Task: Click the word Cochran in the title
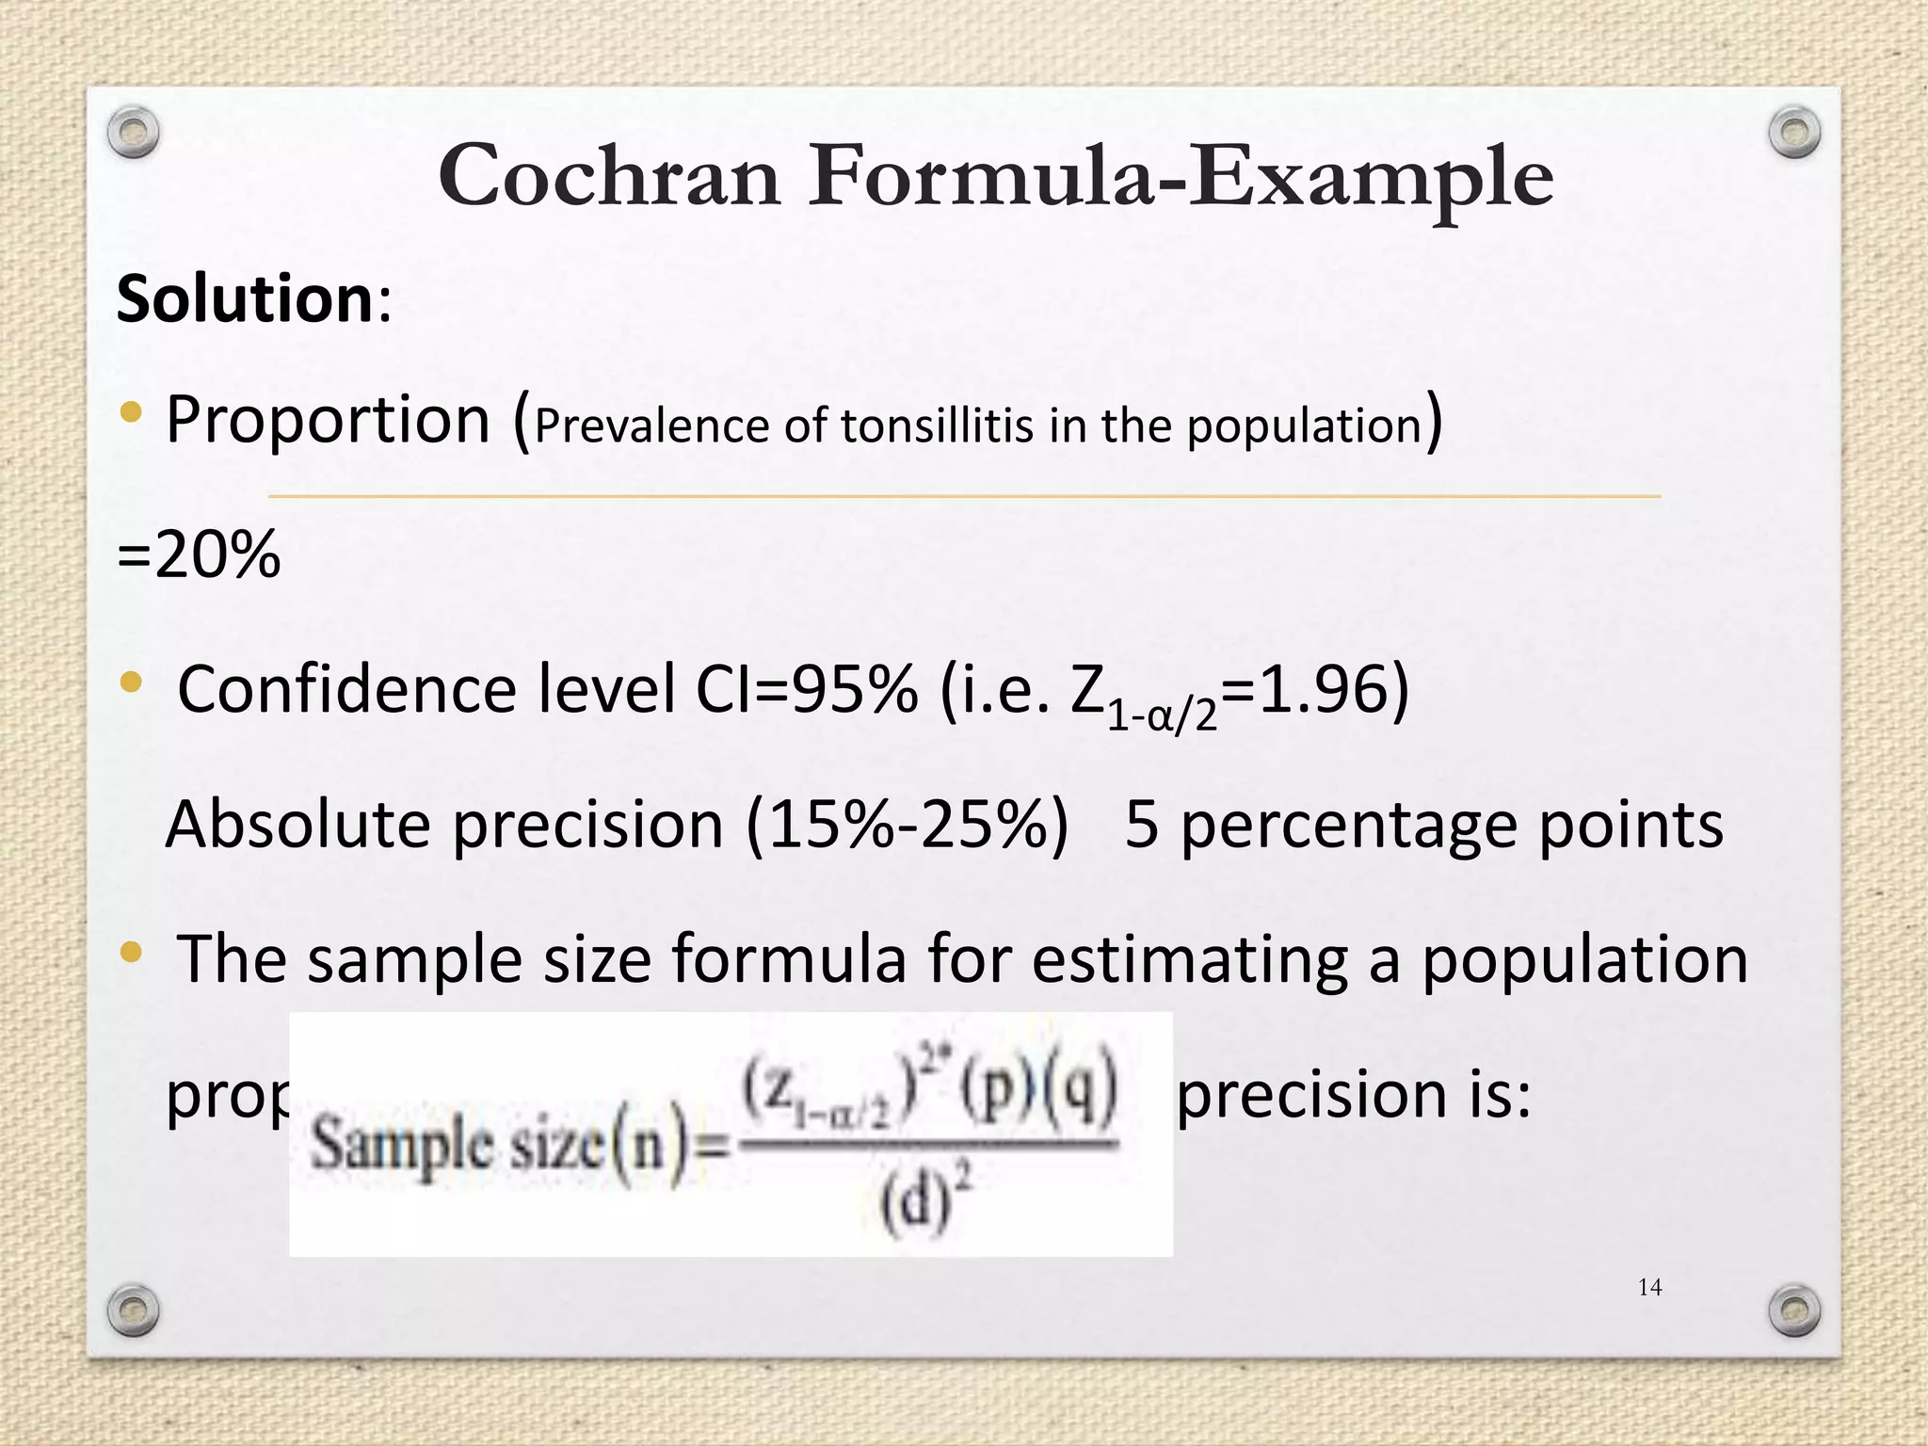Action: pyautogui.click(x=609, y=176)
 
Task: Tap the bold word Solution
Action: pyautogui.click(x=245, y=298)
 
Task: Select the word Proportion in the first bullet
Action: pyautogui.click(x=328, y=419)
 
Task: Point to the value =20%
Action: pyautogui.click(x=199, y=554)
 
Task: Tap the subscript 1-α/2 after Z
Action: pyautogui.click(x=1162, y=716)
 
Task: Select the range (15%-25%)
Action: pyautogui.click(x=908, y=824)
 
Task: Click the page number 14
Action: pyautogui.click(x=1649, y=1287)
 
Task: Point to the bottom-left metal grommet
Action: pyautogui.click(x=133, y=1309)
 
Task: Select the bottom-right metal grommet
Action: pyautogui.click(x=1794, y=1309)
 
